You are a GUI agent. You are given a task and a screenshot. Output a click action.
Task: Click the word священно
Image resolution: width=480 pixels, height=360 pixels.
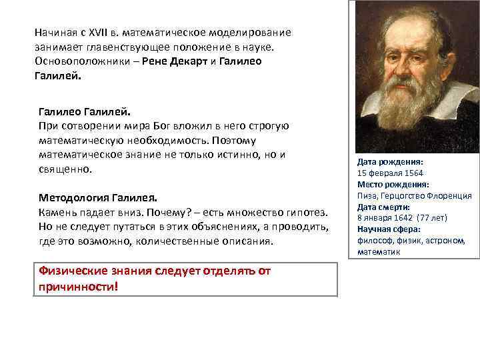click(x=64, y=169)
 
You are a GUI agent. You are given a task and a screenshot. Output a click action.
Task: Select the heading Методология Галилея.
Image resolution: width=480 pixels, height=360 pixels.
click(x=98, y=198)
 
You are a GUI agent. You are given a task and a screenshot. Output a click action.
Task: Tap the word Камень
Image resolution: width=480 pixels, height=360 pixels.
click(x=58, y=213)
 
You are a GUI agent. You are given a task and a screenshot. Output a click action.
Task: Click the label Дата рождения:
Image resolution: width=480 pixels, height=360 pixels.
click(x=390, y=162)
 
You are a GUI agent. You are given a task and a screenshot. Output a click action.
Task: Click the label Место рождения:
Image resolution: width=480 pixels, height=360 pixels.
click(x=393, y=185)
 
